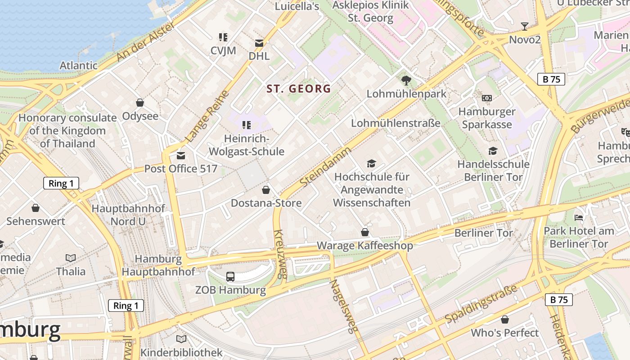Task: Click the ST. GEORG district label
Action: [298, 89]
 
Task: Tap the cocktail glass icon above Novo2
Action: [524, 26]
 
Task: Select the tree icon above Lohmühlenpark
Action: [406, 81]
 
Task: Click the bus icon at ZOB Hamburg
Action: [230, 276]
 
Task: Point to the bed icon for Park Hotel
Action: [579, 218]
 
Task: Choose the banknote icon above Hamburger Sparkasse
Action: [486, 98]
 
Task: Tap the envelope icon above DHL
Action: [259, 43]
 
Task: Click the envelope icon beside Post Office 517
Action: [181, 156]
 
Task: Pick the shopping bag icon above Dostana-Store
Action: [266, 190]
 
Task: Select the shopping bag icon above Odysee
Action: [140, 103]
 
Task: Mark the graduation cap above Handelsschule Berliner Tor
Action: [493, 151]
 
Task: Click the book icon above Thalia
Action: [71, 258]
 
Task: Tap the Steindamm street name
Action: [325, 166]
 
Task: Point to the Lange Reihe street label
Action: [207, 116]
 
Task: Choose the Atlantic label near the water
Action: [78, 65]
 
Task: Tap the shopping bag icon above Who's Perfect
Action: [505, 319]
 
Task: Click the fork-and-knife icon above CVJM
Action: [223, 37]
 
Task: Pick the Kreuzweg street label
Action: [280, 254]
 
